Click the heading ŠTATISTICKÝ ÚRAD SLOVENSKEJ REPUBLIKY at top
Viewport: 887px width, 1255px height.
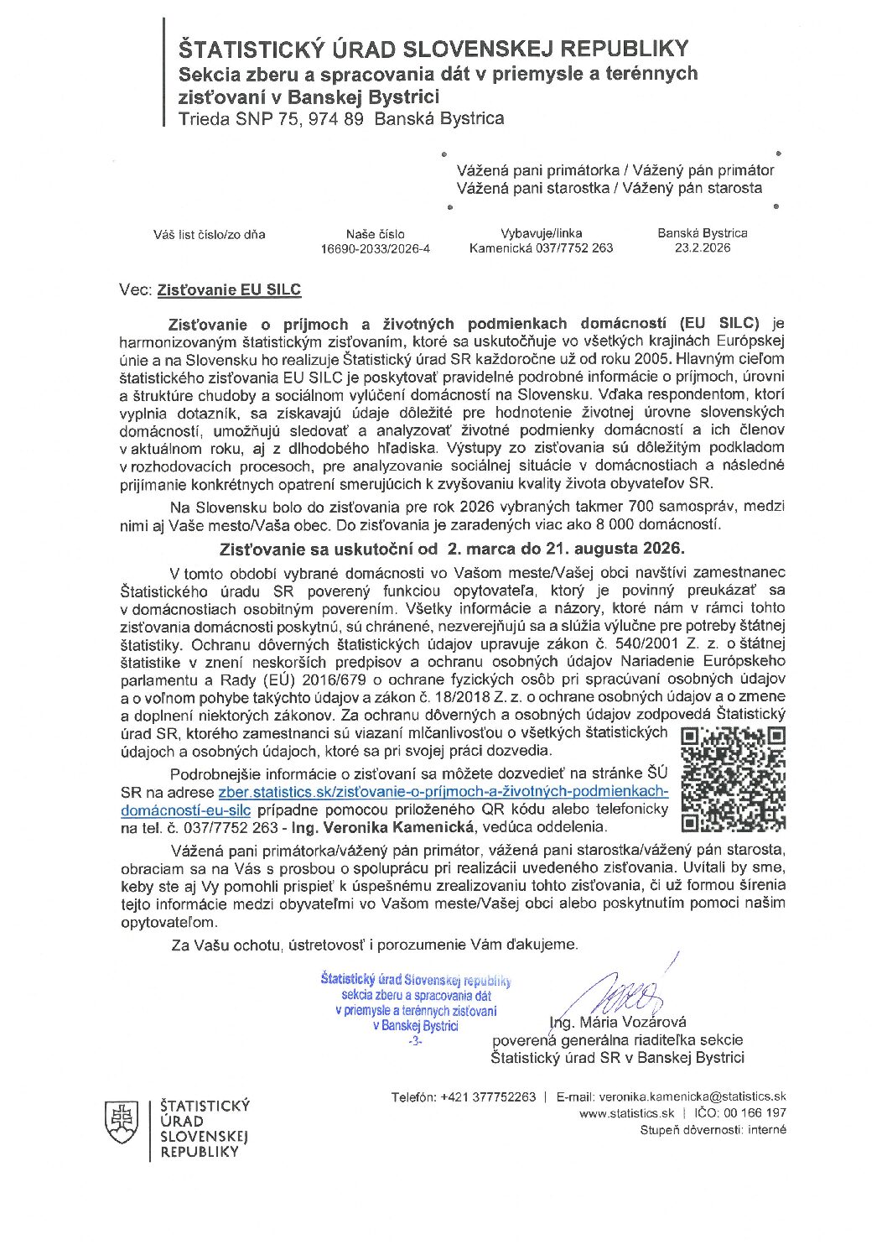click(433, 48)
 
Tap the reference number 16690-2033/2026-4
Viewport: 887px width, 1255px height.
click(375, 249)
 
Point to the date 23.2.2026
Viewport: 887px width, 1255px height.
click(702, 248)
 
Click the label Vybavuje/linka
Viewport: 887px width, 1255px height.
click(541, 233)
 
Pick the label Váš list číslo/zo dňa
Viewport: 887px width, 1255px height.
click(209, 235)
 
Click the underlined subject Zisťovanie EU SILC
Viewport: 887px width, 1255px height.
click(229, 290)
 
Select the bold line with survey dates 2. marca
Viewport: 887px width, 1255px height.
click(452, 549)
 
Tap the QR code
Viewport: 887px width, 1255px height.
click(733, 778)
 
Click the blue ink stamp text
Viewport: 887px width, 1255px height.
click(415, 1006)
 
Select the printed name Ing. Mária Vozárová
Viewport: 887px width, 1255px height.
click(618, 1022)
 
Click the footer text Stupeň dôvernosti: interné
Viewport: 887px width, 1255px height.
click(713, 1130)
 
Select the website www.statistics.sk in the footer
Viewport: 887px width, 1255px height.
click(626, 1113)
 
